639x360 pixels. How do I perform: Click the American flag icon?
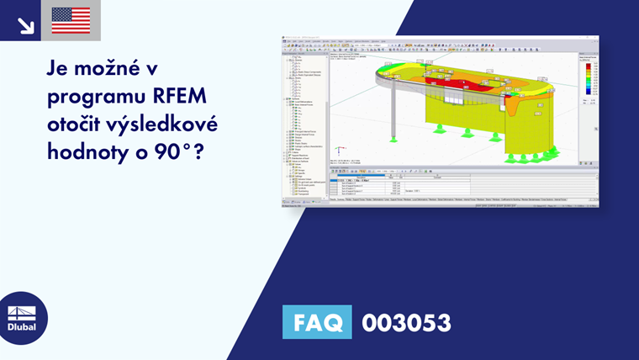coord(71,19)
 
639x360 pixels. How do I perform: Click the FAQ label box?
coord(317,322)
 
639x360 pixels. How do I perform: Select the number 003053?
coord(405,322)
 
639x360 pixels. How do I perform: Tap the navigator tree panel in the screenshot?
coord(305,126)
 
